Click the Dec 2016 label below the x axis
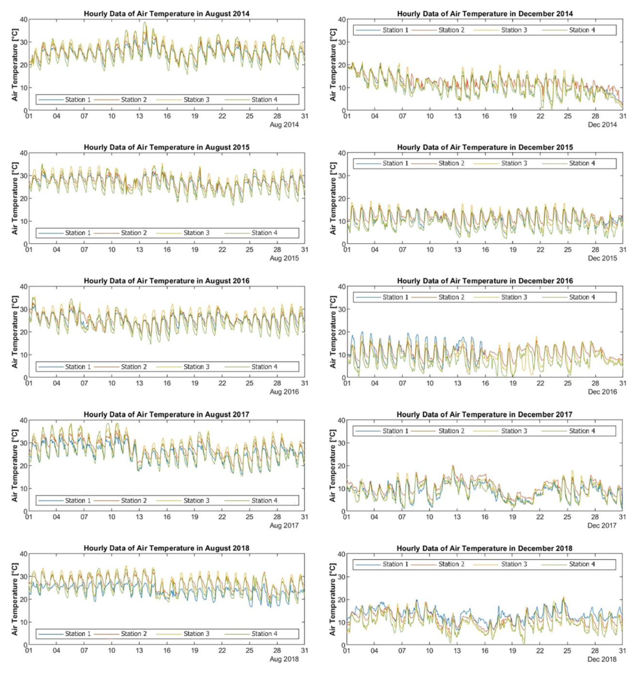[x=602, y=392]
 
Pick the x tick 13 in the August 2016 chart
[x=139, y=383]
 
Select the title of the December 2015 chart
[x=485, y=147]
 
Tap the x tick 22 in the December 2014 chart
[x=540, y=116]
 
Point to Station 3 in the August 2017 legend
[x=197, y=500]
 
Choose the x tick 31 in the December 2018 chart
[x=622, y=650]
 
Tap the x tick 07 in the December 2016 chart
[x=402, y=383]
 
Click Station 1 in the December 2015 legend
[x=395, y=163]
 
